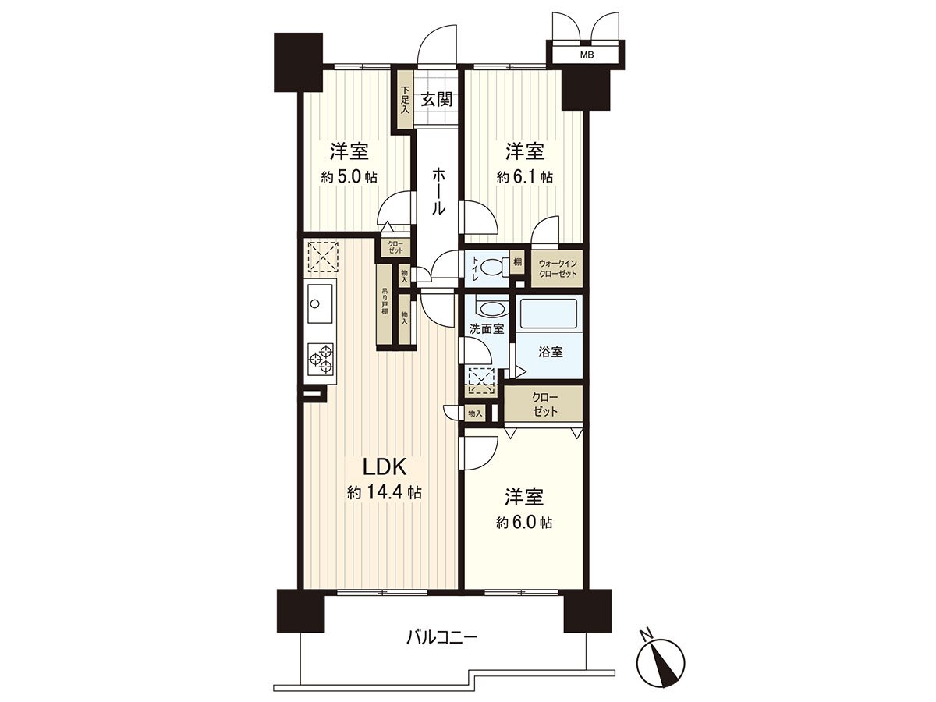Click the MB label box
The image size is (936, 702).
coord(585,55)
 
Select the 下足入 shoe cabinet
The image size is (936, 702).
coord(404,99)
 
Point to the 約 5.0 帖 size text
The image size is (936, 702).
coord(349,177)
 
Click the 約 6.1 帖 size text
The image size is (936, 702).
coord(525,177)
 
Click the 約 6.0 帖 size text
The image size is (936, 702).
coord(524,523)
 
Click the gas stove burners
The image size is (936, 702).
coord(321,360)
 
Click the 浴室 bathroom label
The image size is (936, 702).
coord(551,352)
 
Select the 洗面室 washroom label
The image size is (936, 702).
coord(485,329)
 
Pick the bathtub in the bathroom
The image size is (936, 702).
coord(551,316)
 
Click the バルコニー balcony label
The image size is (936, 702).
coord(441,638)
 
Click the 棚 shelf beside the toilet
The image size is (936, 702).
coord(517,263)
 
